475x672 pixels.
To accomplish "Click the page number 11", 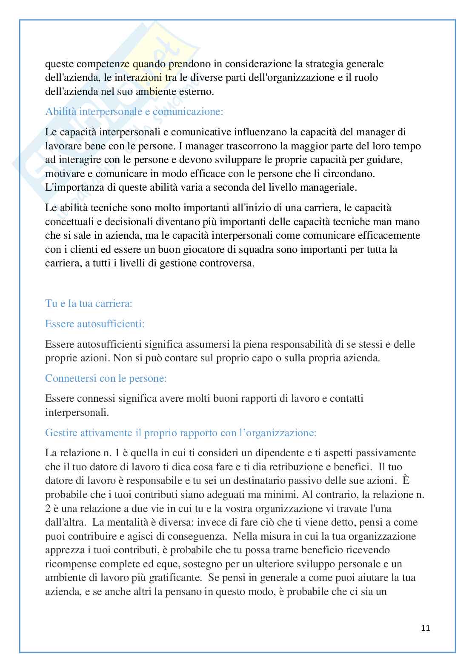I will coord(426,628).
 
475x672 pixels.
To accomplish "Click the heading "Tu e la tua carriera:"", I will coord(89,303).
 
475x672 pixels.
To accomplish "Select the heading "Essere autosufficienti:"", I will coord(95,324).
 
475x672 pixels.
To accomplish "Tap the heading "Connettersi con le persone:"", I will coord(106,378).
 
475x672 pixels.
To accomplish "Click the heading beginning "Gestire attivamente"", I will coord(180,433).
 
